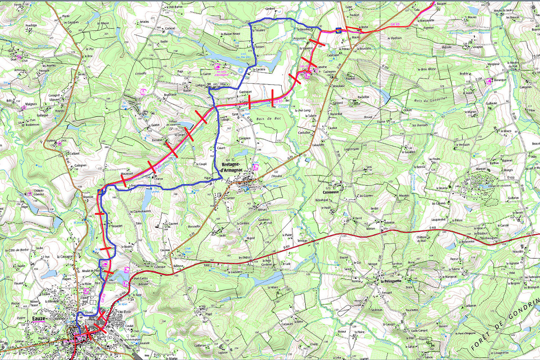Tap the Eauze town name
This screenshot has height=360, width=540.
coord(40,320)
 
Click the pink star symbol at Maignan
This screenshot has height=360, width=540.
coord(22,108)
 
